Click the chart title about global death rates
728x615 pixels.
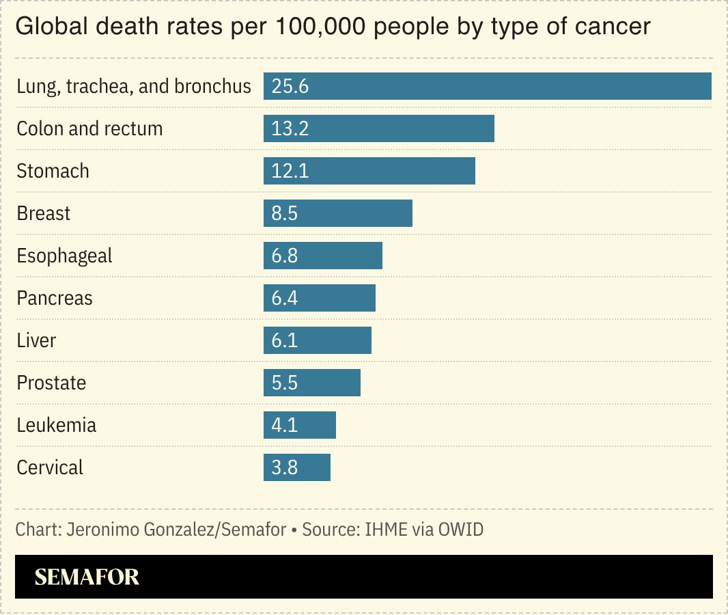tap(333, 27)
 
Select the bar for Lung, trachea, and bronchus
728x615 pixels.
tap(487, 87)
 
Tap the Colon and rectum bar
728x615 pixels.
tap(378, 128)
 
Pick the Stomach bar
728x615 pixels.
tap(369, 171)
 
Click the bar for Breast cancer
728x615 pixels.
tap(337, 213)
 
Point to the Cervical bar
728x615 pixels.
tap(296, 467)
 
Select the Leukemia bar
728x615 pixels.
tap(299, 425)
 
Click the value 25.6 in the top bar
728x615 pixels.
tap(290, 87)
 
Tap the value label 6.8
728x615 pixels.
tap(285, 256)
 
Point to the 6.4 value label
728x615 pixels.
tap(285, 298)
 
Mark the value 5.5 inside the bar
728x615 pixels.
tap(285, 383)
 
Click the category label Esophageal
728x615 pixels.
tap(64, 256)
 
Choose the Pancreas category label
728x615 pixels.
tap(55, 298)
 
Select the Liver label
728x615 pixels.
tap(36, 340)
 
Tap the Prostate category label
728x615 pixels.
tap(51, 383)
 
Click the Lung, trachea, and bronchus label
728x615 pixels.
tap(134, 87)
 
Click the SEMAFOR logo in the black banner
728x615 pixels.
tap(87, 577)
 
